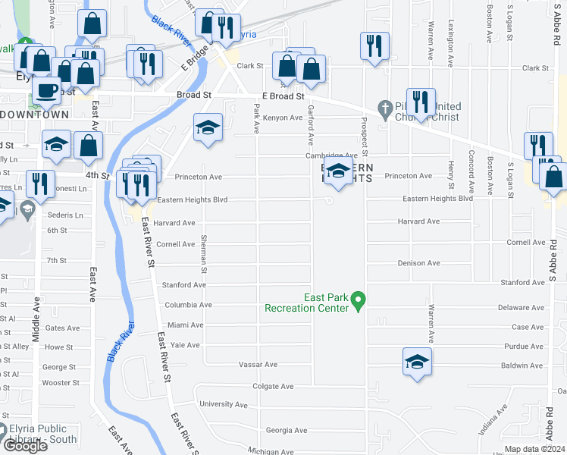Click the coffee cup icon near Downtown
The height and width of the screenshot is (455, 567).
(x=48, y=89)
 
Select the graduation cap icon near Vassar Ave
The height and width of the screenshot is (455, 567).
(x=417, y=362)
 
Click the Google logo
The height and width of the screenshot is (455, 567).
(x=25, y=446)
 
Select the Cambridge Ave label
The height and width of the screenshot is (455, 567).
(x=330, y=155)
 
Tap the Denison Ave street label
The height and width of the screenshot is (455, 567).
(x=418, y=263)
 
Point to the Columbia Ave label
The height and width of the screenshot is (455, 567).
(x=188, y=305)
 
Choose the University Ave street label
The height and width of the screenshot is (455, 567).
(x=224, y=404)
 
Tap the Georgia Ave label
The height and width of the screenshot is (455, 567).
(x=287, y=430)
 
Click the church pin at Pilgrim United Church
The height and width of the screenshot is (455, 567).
(x=384, y=108)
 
